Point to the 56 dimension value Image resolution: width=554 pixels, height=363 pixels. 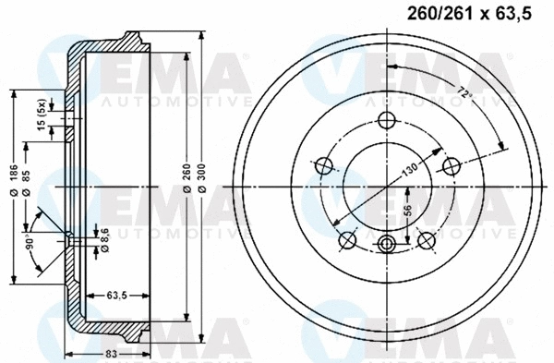pos(407,212)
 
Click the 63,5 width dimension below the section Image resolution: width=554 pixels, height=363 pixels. pos(116,295)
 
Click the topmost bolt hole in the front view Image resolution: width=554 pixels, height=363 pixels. pos(387,120)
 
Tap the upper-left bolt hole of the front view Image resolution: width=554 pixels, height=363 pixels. pos(324,166)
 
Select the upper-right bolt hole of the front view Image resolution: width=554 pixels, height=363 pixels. pos(451,166)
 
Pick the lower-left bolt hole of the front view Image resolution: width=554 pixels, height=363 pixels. pos(348,240)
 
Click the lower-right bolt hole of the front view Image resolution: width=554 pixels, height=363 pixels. pos(427,240)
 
